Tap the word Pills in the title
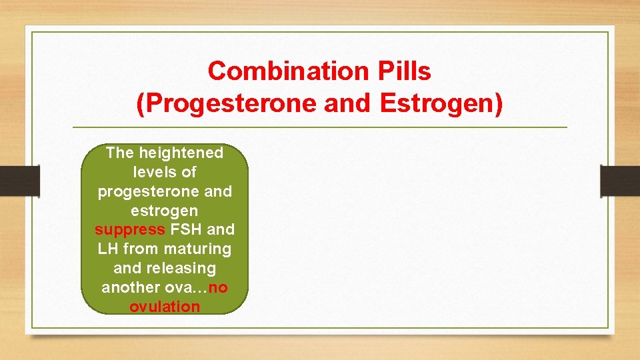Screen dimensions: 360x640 [x=400, y=71]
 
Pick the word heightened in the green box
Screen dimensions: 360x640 [x=181, y=153]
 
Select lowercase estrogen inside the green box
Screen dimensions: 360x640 [x=164, y=211]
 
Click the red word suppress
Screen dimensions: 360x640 [x=129, y=230]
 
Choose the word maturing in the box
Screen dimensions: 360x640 [x=200, y=249]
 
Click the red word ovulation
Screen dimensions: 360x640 [x=164, y=307]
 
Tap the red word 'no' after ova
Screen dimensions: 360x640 [x=217, y=288]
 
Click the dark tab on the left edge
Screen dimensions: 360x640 [x=19, y=181]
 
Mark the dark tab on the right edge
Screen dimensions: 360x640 [x=619, y=181]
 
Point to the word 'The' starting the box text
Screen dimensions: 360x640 [x=120, y=153]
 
